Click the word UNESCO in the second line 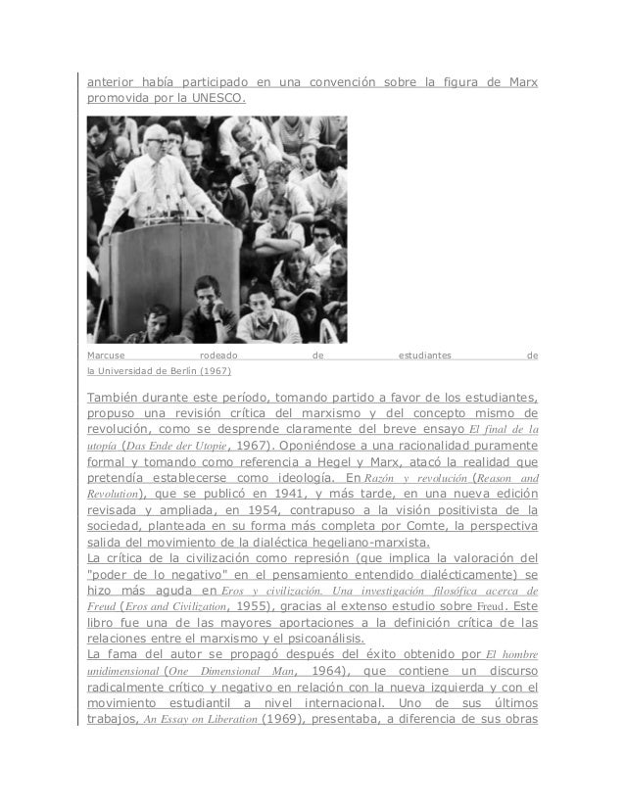tap(220, 98)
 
